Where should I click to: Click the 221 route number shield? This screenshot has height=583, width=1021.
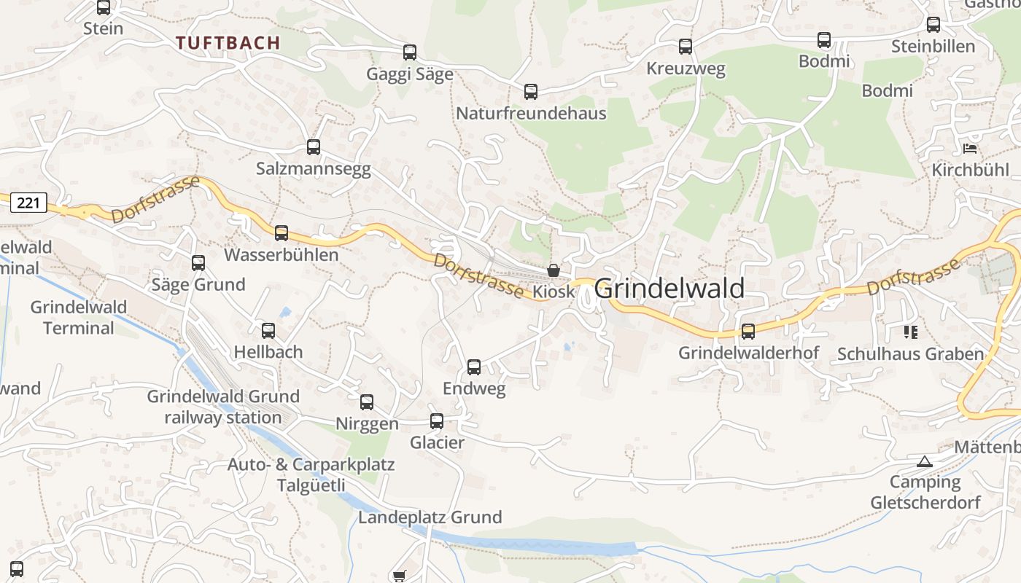(28, 203)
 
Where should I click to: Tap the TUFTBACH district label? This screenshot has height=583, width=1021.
(228, 43)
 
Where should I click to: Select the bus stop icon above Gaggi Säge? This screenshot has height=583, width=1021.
(410, 52)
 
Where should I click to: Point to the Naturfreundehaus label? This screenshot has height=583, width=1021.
(531, 114)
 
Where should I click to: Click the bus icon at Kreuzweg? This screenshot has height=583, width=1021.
(686, 47)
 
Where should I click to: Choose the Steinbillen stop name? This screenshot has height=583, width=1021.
(933, 47)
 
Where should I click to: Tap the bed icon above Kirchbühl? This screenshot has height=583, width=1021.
(970, 149)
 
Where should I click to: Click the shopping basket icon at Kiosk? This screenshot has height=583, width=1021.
(554, 270)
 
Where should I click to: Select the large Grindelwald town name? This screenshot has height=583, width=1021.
(669, 289)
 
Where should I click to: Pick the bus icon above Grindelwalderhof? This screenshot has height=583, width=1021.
(748, 332)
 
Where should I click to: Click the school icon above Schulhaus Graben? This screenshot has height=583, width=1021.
(910, 332)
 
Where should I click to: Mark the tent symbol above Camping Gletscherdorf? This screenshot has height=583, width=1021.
(925, 461)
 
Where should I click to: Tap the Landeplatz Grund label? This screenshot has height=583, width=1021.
(430, 517)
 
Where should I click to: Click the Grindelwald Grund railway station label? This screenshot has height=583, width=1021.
(223, 407)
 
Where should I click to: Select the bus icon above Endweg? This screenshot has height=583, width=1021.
(474, 367)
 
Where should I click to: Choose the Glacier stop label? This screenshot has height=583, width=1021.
(437, 442)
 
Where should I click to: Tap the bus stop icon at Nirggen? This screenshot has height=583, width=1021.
(367, 402)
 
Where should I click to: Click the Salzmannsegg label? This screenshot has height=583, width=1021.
(313, 169)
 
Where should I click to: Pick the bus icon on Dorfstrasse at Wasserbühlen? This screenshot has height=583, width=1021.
(282, 233)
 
